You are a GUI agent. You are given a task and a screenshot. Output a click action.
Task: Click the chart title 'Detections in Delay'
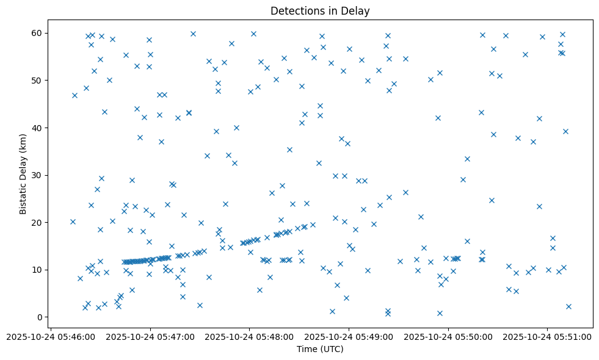320,10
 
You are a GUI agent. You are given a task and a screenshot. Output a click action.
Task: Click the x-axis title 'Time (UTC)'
320,349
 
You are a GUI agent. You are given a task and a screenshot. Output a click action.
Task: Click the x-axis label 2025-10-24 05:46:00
51,336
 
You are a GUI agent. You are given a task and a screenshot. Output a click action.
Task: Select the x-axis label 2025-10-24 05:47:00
150,336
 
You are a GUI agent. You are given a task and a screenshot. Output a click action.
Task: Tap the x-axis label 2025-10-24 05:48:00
250,336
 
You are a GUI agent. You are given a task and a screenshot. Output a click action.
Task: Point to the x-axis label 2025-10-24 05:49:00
349,336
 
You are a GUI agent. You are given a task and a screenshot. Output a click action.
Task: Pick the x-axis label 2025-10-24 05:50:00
449,336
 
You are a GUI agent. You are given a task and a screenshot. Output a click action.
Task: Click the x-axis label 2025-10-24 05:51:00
548,336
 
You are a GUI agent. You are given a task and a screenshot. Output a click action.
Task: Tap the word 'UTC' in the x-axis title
332,349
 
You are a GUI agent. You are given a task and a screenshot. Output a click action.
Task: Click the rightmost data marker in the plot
568,306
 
